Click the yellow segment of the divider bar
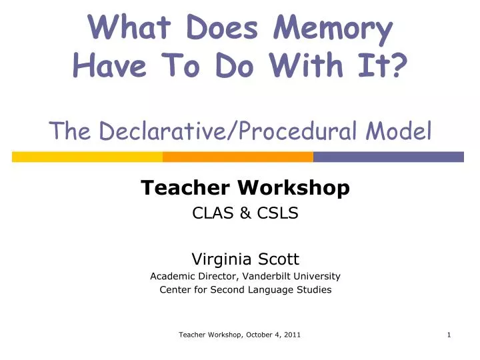[87, 157]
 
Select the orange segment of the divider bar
[238, 157]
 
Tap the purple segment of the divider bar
[388, 157]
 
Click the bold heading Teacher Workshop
[245, 189]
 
